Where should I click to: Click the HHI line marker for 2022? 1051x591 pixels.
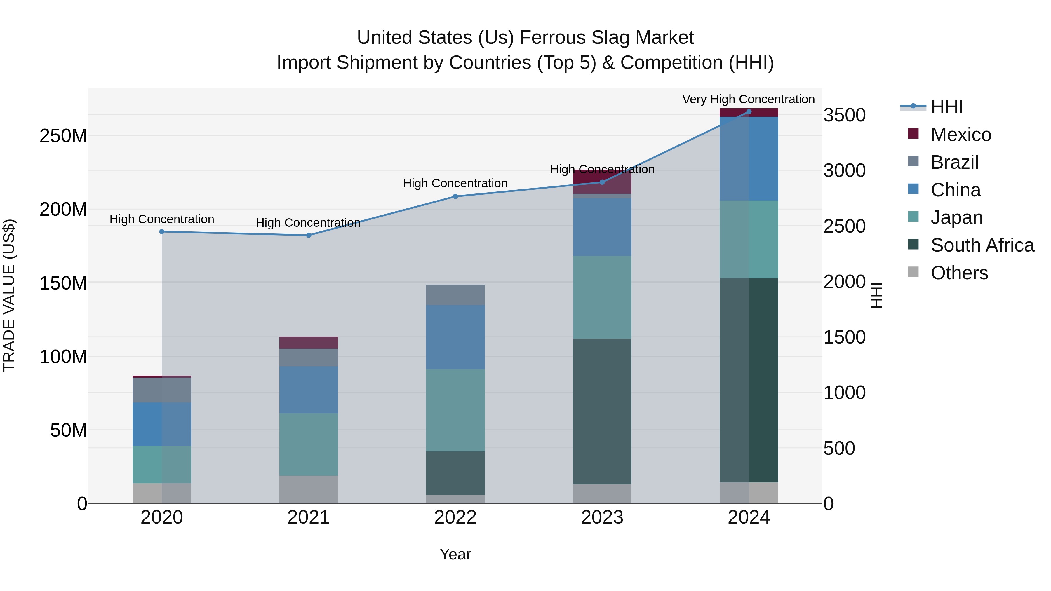coord(455,196)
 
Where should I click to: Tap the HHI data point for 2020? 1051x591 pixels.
coord(162,232)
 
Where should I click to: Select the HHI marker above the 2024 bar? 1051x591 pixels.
coord(749,112)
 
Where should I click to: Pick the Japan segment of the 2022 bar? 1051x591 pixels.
coord(455,410)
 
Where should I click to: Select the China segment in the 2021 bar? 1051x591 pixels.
coord(309,390)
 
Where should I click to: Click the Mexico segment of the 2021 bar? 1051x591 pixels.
coord(309,343)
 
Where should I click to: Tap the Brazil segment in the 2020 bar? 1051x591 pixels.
coord(162,390)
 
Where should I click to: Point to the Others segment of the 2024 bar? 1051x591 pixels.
coord(749,493)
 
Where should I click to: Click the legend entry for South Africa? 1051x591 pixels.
coord(982,245)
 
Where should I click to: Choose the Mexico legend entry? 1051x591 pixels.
coord(960,135)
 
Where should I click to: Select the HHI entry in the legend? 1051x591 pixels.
coord(946,107)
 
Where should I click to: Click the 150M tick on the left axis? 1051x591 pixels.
coord(63,283)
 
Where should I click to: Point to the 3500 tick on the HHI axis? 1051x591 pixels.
coord(844,115)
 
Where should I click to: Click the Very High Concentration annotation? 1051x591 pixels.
coord(748,99)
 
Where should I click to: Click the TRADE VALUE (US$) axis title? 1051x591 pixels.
coord(9,295)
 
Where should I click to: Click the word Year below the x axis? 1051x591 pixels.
coord(455,554)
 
